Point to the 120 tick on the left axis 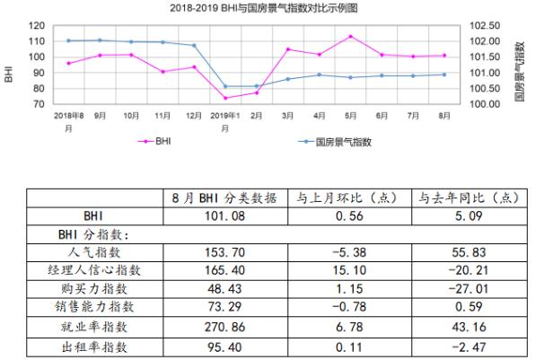[35, 26]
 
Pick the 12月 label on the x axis [194, 116]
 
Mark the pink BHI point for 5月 [350, 36]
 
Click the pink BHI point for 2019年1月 [225, 98]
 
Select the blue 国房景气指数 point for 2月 [257, 86]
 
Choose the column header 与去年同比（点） [464, 198]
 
